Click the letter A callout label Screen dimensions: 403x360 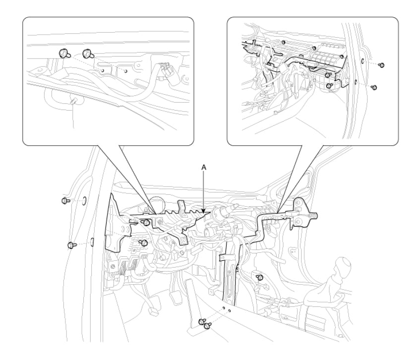pyautogui.click(x=204, y=168)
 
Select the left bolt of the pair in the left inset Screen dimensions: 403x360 pyautogui.click(x=63, y=53)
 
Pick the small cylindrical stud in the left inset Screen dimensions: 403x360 pyautogui.click(x=73, y=102)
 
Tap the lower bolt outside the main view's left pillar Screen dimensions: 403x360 pyautogui.click(x=71, y=245)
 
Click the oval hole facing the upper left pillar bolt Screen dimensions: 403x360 pyautogui.click(x=84, y=201)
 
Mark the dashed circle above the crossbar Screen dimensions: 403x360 pyautogui.click(x=156, y=205)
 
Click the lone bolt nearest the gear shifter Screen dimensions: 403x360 pyautogui.click(x=260, y=277)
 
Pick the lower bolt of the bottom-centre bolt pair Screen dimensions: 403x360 pyautogui.click(x=207, y=326)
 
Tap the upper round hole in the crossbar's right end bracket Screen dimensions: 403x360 pyautogui.click(x=297, y=203)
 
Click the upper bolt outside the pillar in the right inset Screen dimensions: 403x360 pyautogui.click(x=382, y=65)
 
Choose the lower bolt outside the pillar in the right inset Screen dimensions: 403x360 pyautogui.click(x=374, y=87)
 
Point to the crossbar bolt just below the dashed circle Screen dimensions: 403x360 pyautogui.click(x=146, y=222)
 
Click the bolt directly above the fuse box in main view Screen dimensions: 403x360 pyautogui.click(x=144, y=242)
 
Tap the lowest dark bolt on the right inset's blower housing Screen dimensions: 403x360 pyautogui.click(x=329, y=86)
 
